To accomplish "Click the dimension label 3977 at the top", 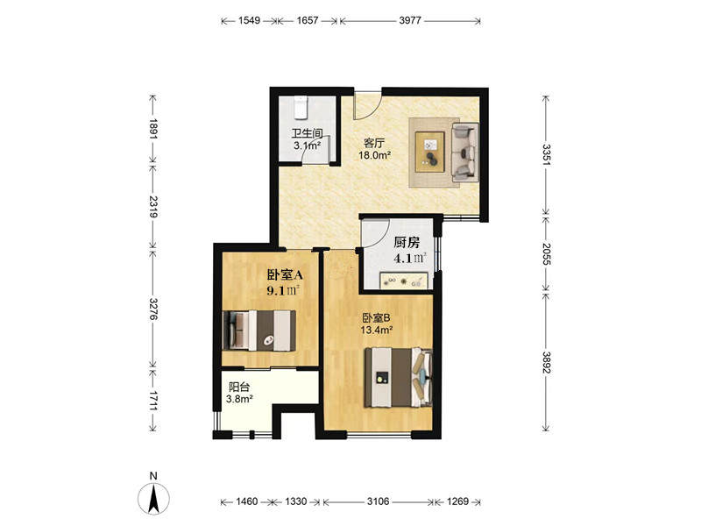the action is click(410, 20).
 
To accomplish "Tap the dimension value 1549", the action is click(249, 20).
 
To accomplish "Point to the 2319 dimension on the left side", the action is click(153, 207).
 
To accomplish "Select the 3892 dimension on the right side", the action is click(546, 363).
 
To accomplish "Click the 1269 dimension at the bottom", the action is click(457, 501).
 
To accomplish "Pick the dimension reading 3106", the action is click(379, 501).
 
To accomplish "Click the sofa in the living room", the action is click(465, 152).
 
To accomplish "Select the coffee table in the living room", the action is click(429, 152).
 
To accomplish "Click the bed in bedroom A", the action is click(258, 331).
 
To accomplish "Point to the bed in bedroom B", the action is click(399, 377).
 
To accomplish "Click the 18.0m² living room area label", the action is click(375, 156).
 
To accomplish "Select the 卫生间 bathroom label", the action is click(308, 133).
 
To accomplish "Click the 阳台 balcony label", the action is click(239, 387).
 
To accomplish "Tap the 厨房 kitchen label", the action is click(407, 243).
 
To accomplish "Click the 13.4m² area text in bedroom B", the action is click(377, 331).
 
